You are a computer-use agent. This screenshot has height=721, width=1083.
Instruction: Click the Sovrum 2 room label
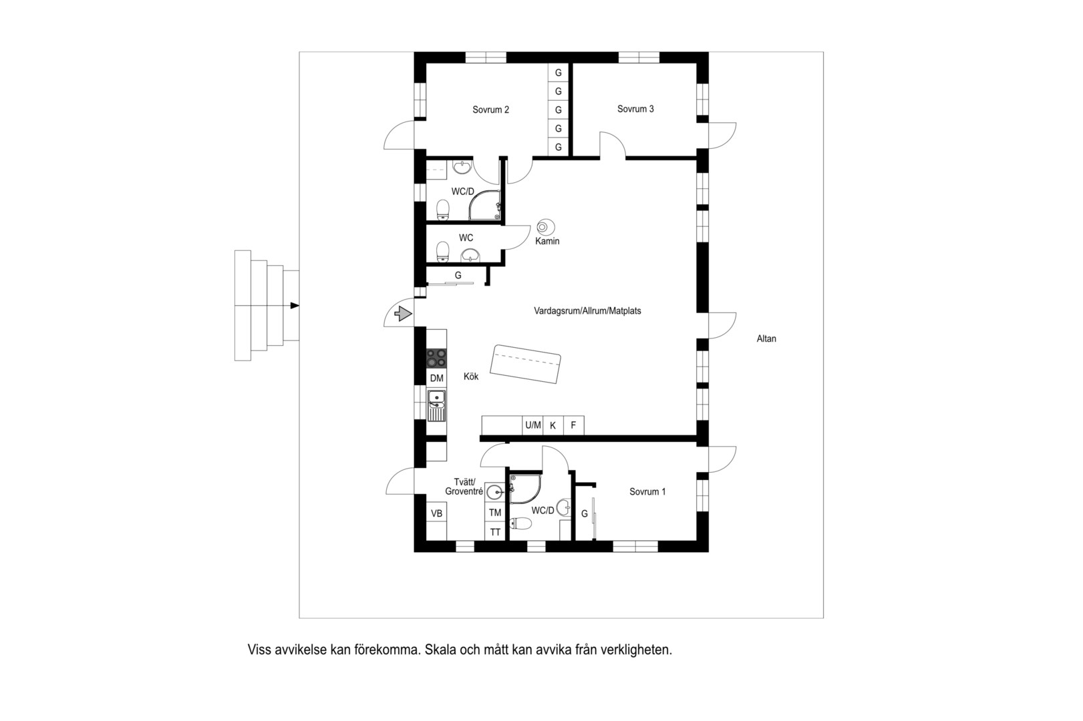point(490,109)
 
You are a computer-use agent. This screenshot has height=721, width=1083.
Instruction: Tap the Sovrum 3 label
point(635,109)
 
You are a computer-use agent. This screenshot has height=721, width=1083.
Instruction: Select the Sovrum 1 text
point(647,492)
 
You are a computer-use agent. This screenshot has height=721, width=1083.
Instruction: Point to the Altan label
point(766,338)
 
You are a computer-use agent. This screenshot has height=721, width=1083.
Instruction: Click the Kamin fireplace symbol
point(545,226)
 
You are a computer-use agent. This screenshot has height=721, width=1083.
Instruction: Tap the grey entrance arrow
point(404,314)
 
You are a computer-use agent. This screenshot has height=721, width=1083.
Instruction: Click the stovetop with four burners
point(436,358)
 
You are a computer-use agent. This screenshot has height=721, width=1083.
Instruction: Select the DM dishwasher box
point(436,379)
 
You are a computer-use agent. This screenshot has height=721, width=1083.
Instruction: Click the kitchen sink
point(436,405)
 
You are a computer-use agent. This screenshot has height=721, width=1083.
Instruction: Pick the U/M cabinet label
point(532,425)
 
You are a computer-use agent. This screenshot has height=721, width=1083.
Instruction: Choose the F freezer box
point(573,425)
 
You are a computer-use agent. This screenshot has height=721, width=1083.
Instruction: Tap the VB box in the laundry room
point(436,513)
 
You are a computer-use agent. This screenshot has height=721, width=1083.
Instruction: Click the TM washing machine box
point(495,513)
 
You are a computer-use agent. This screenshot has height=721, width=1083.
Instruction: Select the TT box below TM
point(495,533)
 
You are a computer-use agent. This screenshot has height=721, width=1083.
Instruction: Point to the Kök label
point(471,377)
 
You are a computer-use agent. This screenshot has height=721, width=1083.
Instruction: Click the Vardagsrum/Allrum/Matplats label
point(587,310)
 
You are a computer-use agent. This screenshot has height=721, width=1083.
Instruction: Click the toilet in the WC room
point(442,251)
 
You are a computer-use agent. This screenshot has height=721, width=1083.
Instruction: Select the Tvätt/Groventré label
point(464,487)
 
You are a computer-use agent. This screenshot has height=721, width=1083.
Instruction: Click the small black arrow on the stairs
point(295,305)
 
